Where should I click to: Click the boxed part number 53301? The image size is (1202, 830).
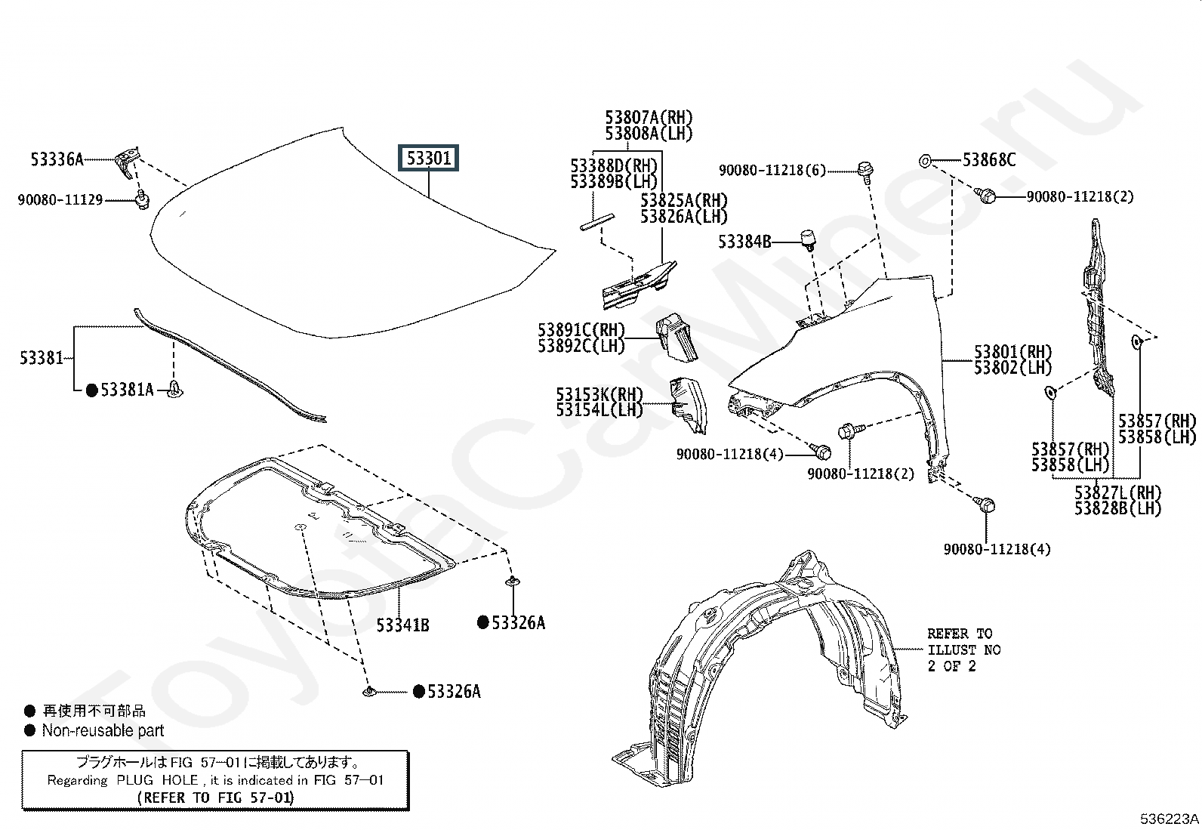pos(428,158)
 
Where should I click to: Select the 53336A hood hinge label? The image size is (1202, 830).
pos(57,159)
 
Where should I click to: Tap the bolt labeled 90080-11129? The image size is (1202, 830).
pos(142,199)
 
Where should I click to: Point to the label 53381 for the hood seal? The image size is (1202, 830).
pos(42,357)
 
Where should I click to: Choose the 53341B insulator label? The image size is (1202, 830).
pos(402,625)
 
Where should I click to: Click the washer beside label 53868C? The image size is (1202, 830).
pos(925,161)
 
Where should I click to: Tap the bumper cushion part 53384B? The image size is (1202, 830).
pos(807,239)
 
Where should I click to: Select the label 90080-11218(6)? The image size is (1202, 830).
pos(772,170)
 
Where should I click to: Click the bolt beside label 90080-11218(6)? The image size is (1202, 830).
pos(865,171)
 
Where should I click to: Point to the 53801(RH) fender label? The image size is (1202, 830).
pos(1012,352)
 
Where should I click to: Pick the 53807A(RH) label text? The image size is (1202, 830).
pos(649,117)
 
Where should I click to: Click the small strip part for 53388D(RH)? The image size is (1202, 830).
pos(596,222)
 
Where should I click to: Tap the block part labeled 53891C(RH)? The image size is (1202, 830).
pos(677,337)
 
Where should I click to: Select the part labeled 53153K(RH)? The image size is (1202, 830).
pos(688,405)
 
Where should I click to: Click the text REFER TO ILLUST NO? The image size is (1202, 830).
pos(963,641)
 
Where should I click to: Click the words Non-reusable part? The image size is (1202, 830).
pos(103,730)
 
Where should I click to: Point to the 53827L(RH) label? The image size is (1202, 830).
pos(1117,492)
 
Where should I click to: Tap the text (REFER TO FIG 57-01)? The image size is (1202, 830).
pos(216,798)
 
